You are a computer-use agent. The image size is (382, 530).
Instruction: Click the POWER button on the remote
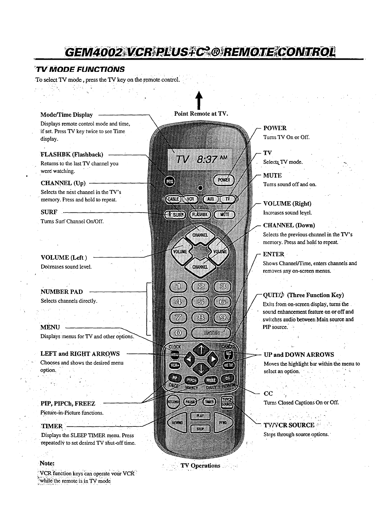pyautogui.click(x=224, y=180)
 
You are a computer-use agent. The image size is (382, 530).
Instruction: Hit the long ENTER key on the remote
pyautogui.click(x=211, y=333)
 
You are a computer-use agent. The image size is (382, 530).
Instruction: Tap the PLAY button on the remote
pyautogui.click(x=200, y=416)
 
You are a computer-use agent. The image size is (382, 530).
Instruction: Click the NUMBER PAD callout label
pyautogui.click(x=62, y=292)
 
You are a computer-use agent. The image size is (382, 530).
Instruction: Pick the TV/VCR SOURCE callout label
pyautogui.click(x=289, y=425)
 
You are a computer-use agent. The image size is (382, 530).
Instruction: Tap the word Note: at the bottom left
pyautogui.click(x=47, y=463)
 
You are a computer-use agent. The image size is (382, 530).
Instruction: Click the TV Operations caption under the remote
pyautogui.click(x=200, y=466)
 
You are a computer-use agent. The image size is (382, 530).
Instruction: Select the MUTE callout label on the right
pyautogui.click(x=273, y=175)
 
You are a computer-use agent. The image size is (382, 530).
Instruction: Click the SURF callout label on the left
pyautogui.click(x=49, y=212)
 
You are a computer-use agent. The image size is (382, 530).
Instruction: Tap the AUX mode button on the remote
pyautogui.click(x=211, y=199)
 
